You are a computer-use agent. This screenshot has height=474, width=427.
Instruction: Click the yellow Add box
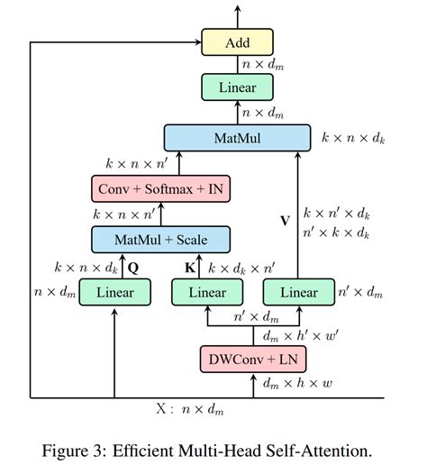[237, 41]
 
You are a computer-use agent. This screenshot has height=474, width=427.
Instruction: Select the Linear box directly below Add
[237, 87]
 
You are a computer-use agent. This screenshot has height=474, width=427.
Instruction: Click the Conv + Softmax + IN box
[160, 189]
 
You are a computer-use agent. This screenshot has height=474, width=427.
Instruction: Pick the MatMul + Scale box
[160, 240]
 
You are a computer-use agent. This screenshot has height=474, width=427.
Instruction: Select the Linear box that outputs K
[206, 292]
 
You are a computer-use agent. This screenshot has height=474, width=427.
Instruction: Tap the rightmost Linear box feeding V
[298, 292]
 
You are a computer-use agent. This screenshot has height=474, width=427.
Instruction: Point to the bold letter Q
[134, 268]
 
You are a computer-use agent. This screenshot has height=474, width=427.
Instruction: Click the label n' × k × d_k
[336, 232]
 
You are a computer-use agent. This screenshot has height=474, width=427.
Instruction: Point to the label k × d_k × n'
[241, 268]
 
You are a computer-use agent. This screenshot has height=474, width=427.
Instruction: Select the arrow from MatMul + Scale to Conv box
[160, 214]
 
